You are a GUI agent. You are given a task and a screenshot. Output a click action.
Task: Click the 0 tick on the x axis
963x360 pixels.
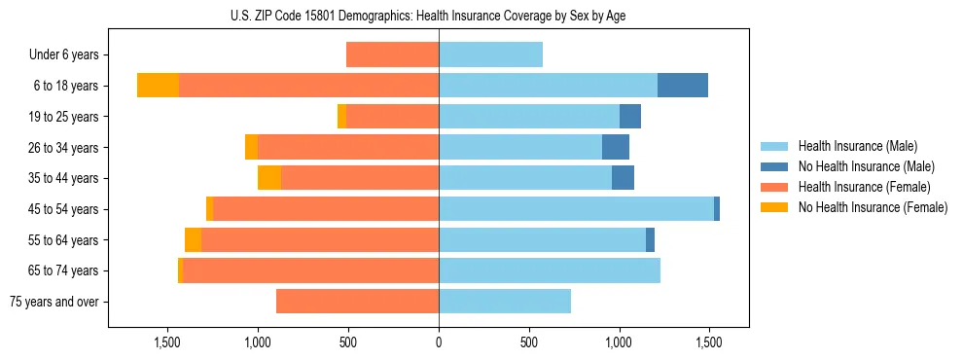439,342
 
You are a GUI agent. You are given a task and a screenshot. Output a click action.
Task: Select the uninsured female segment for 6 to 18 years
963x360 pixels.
158,86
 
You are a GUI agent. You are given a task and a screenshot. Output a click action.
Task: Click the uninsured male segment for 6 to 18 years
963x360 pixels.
682,86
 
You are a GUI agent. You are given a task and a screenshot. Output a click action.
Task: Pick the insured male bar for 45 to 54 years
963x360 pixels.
576,209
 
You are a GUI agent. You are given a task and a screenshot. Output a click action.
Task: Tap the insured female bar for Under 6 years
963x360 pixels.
392,55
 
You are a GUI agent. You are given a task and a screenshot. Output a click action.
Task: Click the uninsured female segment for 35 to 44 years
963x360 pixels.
269,178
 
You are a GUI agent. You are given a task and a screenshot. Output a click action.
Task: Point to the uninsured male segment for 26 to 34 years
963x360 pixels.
616,148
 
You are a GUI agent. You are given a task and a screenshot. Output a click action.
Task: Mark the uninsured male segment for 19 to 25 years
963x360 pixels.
630,117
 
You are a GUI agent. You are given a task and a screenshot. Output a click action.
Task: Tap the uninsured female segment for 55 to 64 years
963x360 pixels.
193,240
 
